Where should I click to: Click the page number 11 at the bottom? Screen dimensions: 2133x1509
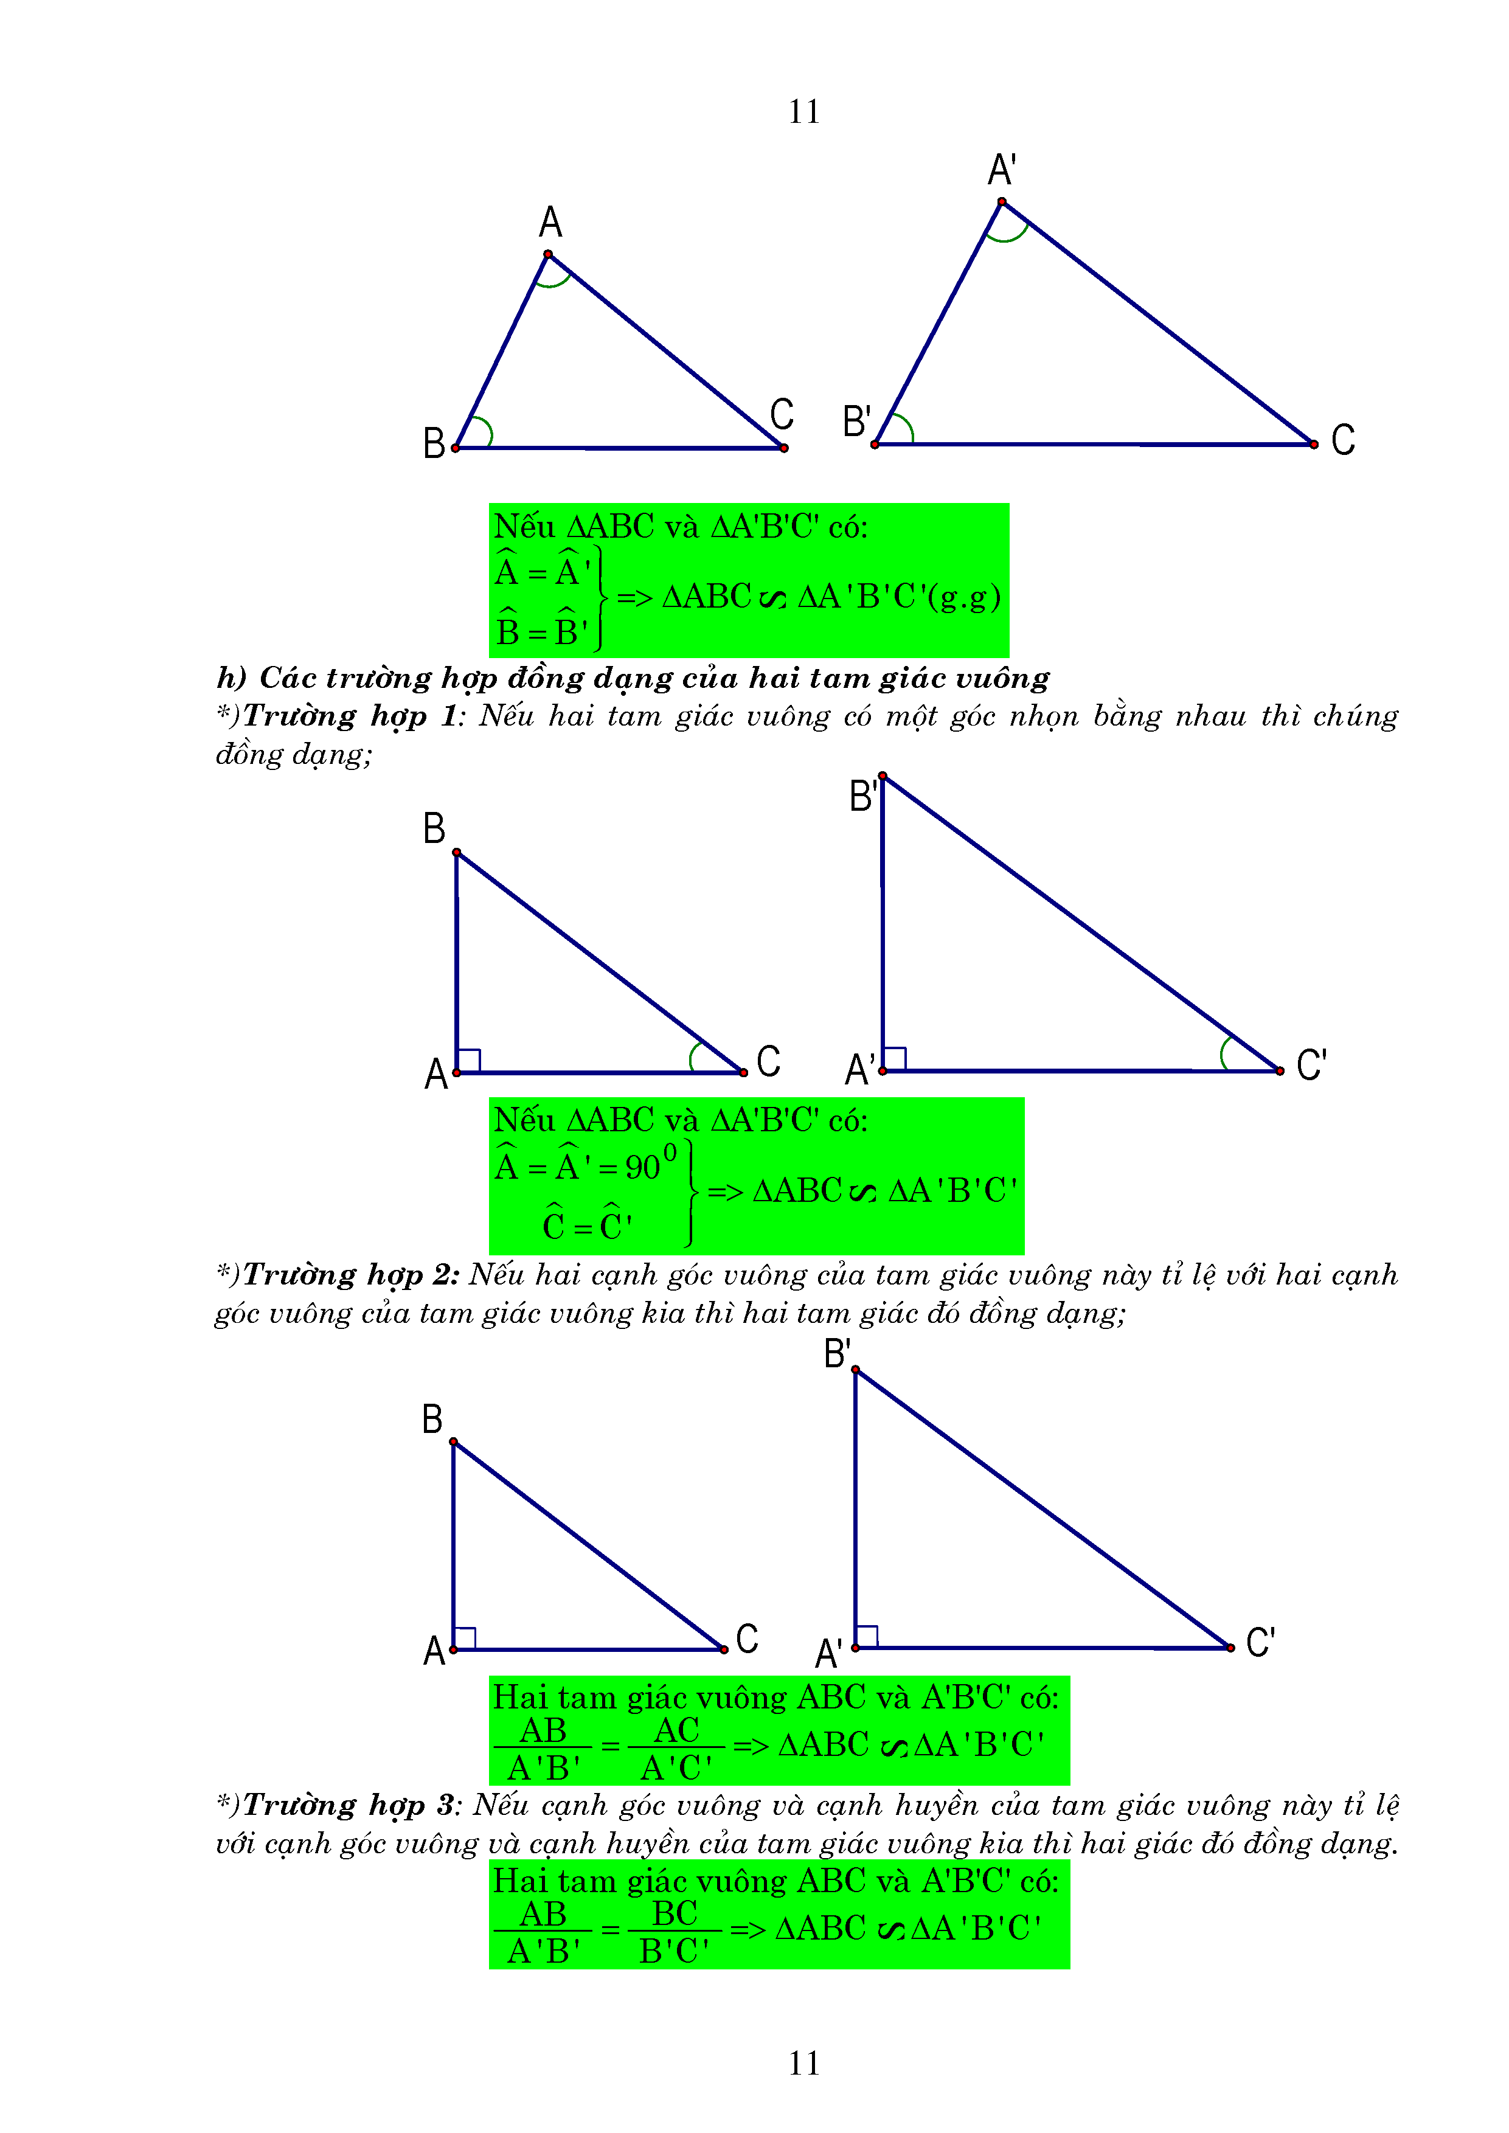tap(803, 2063)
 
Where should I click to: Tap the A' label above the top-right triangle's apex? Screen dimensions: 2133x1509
tap(1001, 171)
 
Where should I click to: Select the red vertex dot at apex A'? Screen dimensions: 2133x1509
tap(1002, 201)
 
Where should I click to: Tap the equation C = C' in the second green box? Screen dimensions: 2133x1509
tap(588, 1226)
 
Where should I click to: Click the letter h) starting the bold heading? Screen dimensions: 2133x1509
tap(231, 678)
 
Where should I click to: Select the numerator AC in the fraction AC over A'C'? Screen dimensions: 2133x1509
tap(676, 1730)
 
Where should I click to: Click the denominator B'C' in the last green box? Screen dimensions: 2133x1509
tap(675, 1951)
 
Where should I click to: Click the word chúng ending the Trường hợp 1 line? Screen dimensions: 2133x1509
tap(1355, 717)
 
